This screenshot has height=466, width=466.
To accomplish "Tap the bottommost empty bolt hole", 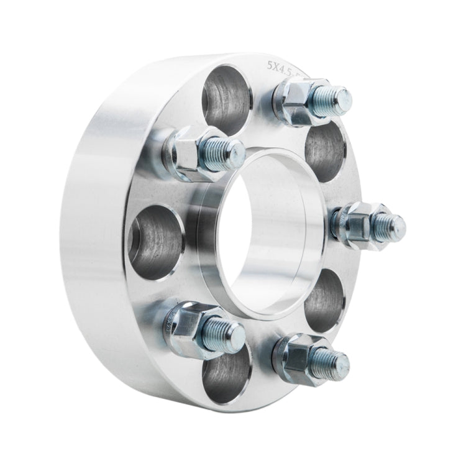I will point(226,375).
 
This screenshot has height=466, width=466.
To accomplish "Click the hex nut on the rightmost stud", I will point(354,224).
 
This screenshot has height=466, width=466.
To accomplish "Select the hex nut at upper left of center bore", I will point(189,152).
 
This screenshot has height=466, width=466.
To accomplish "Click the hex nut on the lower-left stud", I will point(190,322).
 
